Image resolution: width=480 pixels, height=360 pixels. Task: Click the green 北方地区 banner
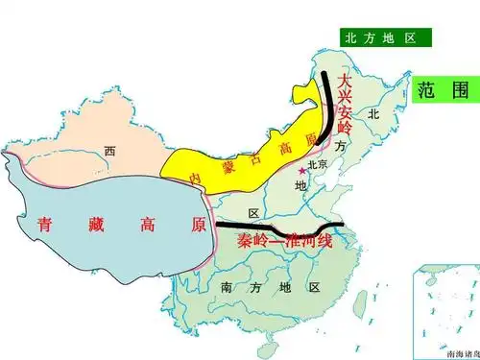pyautogui.click(x=382, y=37)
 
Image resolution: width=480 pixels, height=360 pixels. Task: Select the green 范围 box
pyautogui.click(x=444, y=90)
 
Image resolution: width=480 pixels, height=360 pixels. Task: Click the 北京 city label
pyautogui.click(x=317, y=164)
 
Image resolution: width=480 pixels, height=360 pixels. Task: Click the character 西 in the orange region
pyautogui.click(x=109, y=151)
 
